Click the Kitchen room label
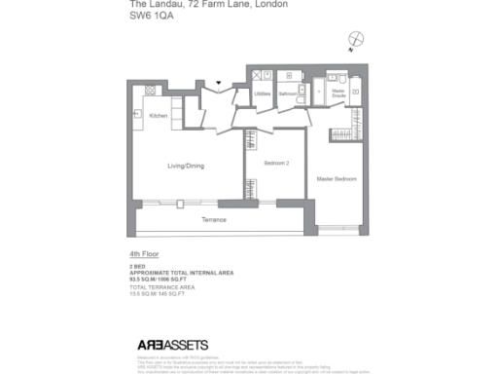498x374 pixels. point(159,116)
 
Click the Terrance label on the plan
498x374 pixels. point(214,220)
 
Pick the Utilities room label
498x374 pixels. point(263,93)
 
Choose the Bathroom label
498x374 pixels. point(287,93)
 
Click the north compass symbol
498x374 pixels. point(357,40)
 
